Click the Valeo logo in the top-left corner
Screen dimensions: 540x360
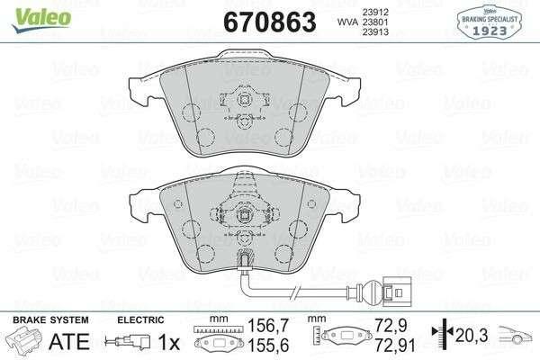tap(42, 20)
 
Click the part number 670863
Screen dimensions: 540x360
tap(270, 22)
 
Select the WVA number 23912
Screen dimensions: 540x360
tap(375, 13)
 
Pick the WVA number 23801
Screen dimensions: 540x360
tap(375, 22)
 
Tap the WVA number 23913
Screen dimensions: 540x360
tap(375, 32)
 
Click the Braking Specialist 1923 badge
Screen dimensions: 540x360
tap(490, 22)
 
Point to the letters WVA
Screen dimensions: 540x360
tap(347, 22)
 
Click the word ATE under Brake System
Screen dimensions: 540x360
tap(69, 341)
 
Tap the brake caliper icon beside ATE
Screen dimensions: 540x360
tap(25, 340)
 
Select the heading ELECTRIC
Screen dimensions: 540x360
tap(140, 320)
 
